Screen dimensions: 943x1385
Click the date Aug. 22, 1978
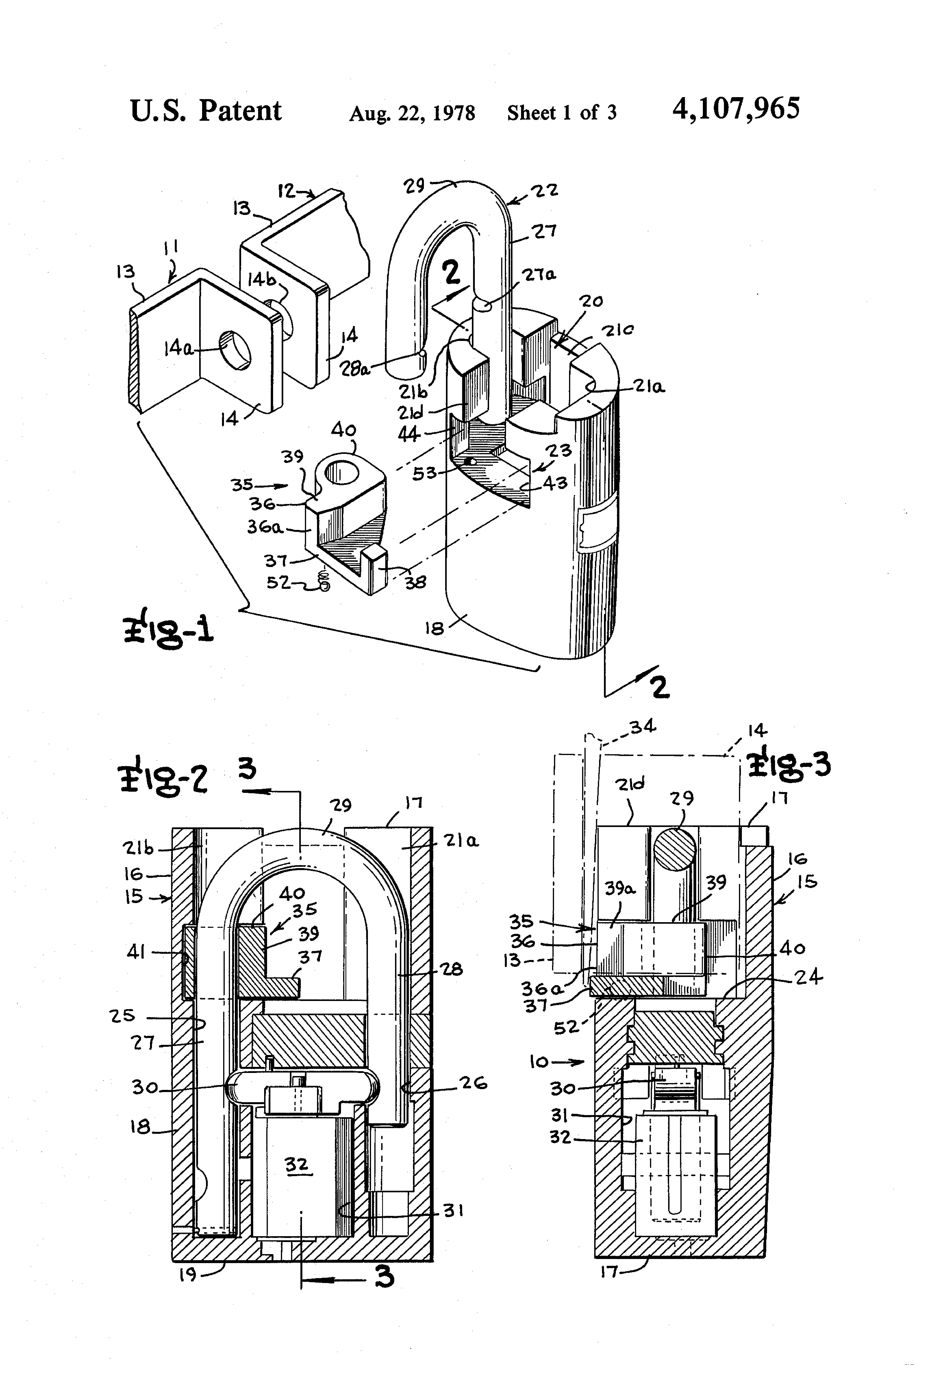coord(412,113)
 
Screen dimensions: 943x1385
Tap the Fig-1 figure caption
coord(169,631)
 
